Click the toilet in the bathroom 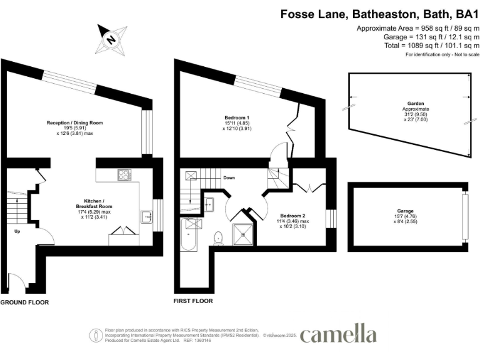click(x=218, y=237)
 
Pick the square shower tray click(x=241, y=231)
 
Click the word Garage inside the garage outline click(x=404, y=211)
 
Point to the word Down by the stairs click(x=230, y=177)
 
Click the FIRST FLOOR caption click(x=192, y=301)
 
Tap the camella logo click(x=338, y=333)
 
